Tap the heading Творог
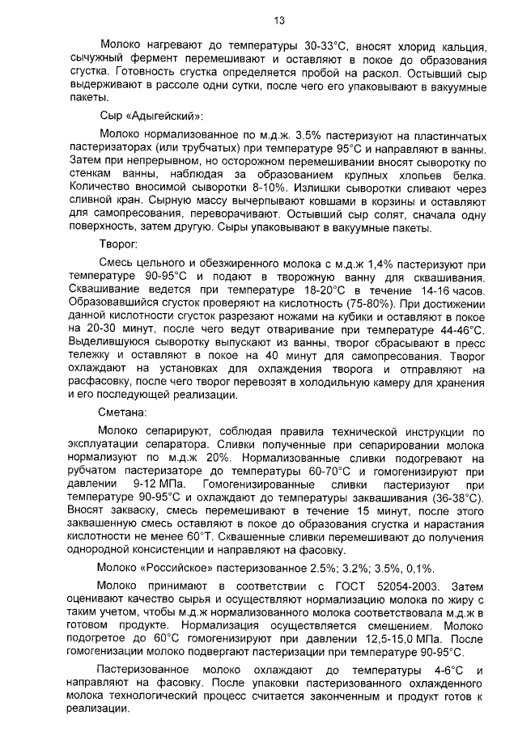118,242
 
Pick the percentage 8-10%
226,185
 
